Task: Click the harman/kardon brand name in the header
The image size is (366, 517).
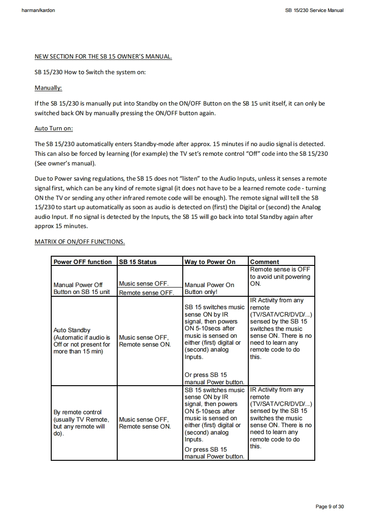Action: point(38,10)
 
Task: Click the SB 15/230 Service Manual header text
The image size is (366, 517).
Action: point(314,10)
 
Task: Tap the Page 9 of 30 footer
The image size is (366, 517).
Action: point(330,507)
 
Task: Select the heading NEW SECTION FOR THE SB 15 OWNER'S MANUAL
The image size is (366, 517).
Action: point(103,57)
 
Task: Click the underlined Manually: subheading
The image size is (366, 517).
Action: point(48,88)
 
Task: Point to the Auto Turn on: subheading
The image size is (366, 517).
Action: point(54,129)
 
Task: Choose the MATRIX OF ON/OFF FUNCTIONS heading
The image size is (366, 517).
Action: point(80,241)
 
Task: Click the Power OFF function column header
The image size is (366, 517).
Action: point(83,262)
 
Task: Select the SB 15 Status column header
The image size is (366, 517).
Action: point(138,262)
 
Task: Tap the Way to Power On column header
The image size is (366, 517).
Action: point(210,262)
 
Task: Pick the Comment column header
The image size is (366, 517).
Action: point(264,262)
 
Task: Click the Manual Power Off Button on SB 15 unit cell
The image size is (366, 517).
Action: point(82,288)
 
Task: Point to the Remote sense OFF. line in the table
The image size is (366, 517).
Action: point(146,293)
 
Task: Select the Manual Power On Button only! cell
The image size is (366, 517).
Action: point(210,288)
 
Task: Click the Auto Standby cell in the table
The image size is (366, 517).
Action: point(82,341)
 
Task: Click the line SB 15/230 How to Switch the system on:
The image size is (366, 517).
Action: point(90,72)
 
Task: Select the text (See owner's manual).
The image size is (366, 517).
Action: point(65,163)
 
